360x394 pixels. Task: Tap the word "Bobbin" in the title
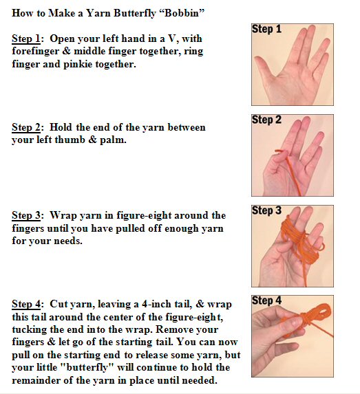pyautogui.click(x=182, y=13)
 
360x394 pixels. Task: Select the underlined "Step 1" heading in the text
pyautogui.click(x=26, y=39)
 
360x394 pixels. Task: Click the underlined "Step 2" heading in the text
pyautogui.click(x=26, y=127)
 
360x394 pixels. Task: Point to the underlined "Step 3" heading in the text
pyautogui.click(x=26, y=216)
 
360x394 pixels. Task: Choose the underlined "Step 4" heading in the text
pyautogui.click(x=26, y=304)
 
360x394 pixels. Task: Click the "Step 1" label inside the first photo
pyautogui.click(x=266, y=29)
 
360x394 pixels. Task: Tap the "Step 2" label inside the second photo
pyautogui.click(x=266, y=120)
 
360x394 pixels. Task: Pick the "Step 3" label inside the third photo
pyautogui.click(x=266, y=210)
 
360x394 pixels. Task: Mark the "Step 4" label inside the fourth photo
pyautogui.click(x=266, y=300)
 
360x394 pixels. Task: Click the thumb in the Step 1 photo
pyautogui.click(x=264, y=67)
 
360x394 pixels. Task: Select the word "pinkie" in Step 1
pyautogui.click(x=78, y=65)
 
